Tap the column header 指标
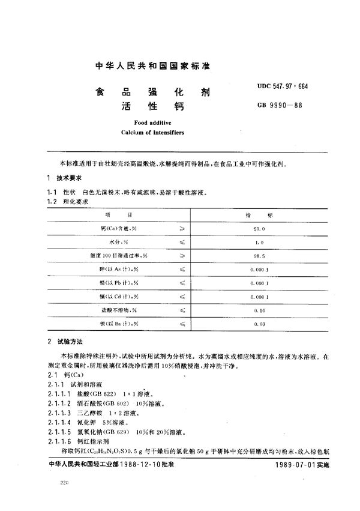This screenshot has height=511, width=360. click(259, 215)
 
